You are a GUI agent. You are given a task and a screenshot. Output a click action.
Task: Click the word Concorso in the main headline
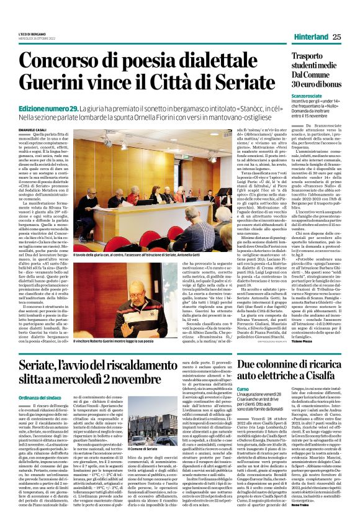pos(59,61)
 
